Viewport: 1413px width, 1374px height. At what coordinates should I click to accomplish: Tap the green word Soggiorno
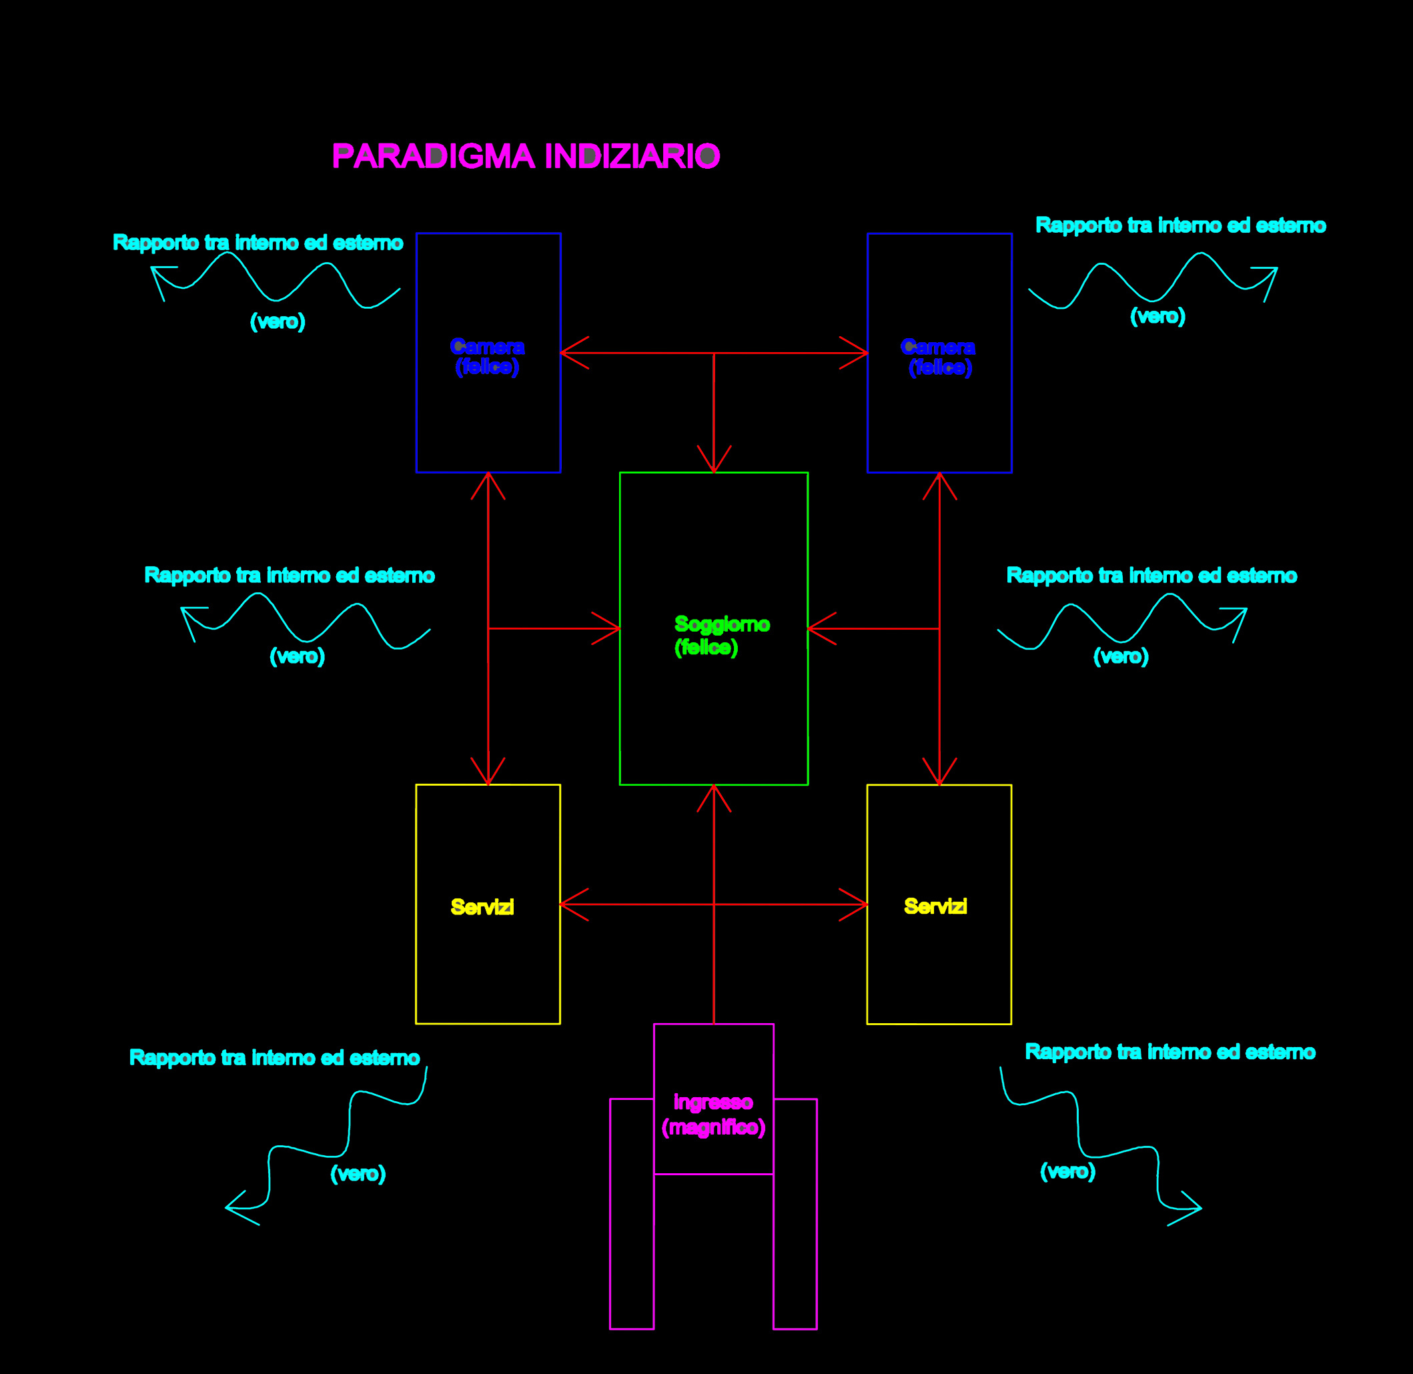pyautogui.click(x=722, y=624)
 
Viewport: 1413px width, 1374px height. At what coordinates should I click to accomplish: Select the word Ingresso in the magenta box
pyautogui.click(x=713, y=1102)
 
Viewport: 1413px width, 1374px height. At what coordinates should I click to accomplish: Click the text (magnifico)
pyautogui.click(x=713, y=1127)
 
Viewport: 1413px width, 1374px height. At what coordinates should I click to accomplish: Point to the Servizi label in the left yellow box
pyautogui.click(x=482, y=907)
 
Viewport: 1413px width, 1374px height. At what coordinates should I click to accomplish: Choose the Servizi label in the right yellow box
pyautogui.click(x=935, y=906)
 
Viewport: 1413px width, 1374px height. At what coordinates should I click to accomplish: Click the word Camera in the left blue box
pyautogui.click(x=487, y=347)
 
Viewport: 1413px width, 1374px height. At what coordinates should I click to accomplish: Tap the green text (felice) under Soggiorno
pyautogui.click(x=706, y=647)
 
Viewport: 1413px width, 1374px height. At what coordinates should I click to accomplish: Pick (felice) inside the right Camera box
pyautogui.click(x=940, y=368)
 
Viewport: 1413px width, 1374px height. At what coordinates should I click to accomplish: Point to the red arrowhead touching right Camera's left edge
pyautogui.click(x=859, y=353)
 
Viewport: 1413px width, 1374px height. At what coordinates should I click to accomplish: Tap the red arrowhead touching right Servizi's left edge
pyautogui.click(x=859, y=904)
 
